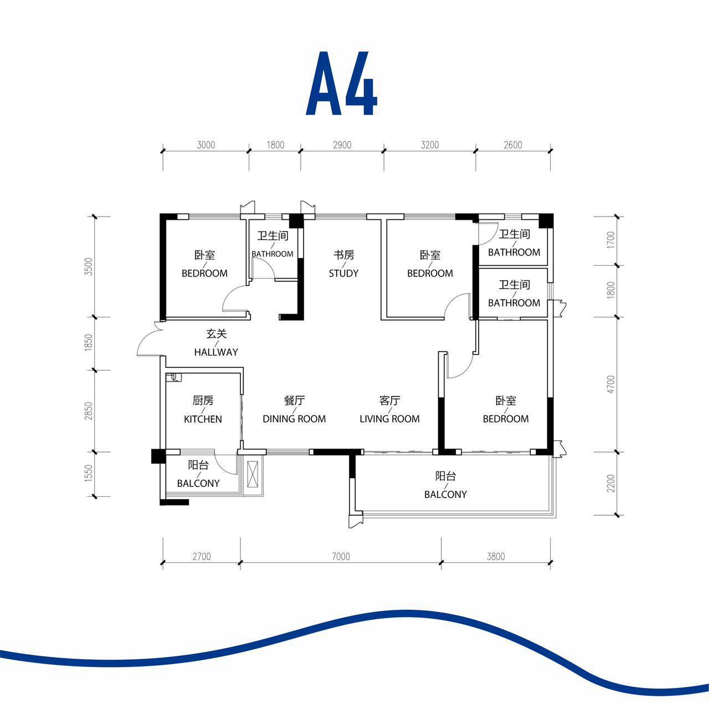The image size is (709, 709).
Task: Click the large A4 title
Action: click(341, 83)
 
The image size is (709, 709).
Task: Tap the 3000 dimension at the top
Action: click(205, 145)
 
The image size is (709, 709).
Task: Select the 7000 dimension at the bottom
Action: click(341, 556)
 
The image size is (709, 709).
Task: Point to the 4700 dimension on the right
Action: click(611, 384)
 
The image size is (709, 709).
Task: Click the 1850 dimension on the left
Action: click(89, 342)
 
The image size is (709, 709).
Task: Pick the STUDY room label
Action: click(343, 273)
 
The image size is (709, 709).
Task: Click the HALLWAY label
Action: click(216, 352)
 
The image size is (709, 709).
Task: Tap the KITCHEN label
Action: click(203, 419)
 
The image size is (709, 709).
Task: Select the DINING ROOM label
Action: click(294, 419)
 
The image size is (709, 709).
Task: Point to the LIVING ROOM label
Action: click(389, 419)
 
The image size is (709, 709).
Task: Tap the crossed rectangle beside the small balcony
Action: click(254, 474)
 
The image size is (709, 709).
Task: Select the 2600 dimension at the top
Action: click(512, 145)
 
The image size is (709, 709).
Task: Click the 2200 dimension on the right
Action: click(611, 483)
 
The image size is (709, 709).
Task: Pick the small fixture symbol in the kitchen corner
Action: click(173, 378)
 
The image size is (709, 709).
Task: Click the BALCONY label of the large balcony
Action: click(445, 494)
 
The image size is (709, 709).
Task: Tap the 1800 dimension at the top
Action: click(275, 145)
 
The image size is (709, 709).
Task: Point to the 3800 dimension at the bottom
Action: click(496, 556)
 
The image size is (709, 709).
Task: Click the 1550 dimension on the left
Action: click(89, 473)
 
